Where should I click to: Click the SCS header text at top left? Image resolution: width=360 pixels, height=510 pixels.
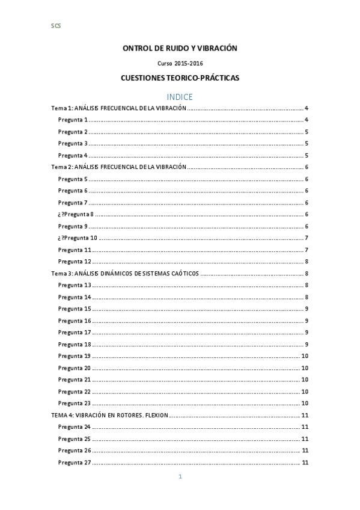(x=56, y=26)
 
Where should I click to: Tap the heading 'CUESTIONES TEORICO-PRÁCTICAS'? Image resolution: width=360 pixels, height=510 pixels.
(x=180, y=78)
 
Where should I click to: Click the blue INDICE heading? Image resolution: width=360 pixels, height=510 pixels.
(x=180, y=96)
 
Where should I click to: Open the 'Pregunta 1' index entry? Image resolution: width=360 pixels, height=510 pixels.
(x=73, y=120)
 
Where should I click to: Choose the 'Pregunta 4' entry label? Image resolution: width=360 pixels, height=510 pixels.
(x=73, y=156)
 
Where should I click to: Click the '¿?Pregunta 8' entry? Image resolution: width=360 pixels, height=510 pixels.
(x=76, y=215)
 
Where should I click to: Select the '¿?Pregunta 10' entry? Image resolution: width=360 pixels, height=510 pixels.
(x=78, y=238)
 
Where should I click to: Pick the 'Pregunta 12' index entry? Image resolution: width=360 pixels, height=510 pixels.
(x=75, y=262)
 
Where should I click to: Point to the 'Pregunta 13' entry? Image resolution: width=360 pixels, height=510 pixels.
(x=75, y=285)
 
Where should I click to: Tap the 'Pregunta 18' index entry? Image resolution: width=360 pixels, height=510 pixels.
(x=75, y=344)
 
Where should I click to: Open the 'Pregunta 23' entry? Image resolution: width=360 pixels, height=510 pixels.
(x=75, y=403)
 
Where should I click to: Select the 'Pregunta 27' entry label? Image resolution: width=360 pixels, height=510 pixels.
(x=75, y=462)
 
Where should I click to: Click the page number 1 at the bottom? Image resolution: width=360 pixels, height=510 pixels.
(x=180, y=477)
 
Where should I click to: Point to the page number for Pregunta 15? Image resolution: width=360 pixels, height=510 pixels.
(x=307, y=309)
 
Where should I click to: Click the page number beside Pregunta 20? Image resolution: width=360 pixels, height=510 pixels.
(x=305, y=367)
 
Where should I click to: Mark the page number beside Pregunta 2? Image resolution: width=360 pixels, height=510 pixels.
(x=307, y=132)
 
